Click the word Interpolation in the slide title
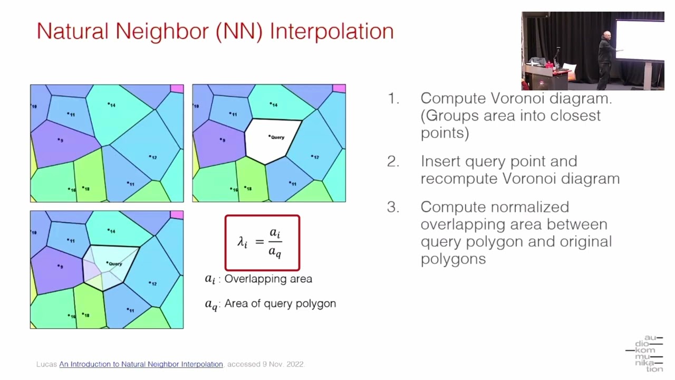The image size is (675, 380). (x=332, y=32)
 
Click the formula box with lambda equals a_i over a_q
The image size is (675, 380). (x=262, y=243)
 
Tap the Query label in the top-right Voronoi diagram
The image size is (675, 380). (x=277, y=137)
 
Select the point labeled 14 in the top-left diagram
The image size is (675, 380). (x=109, y=103)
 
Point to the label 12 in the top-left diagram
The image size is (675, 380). (x=153, y=157)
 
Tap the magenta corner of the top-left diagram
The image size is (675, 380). (x=177, y=89)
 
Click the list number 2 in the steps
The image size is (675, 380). (x=393, y=161)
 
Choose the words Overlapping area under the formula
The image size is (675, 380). (x=268, y=279)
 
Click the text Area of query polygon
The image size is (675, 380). (x=280, y=303)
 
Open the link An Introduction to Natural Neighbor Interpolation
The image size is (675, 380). (x=141, y=364)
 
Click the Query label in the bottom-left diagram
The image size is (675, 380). (x=115, y=263)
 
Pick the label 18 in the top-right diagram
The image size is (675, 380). (x=249, y=188)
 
